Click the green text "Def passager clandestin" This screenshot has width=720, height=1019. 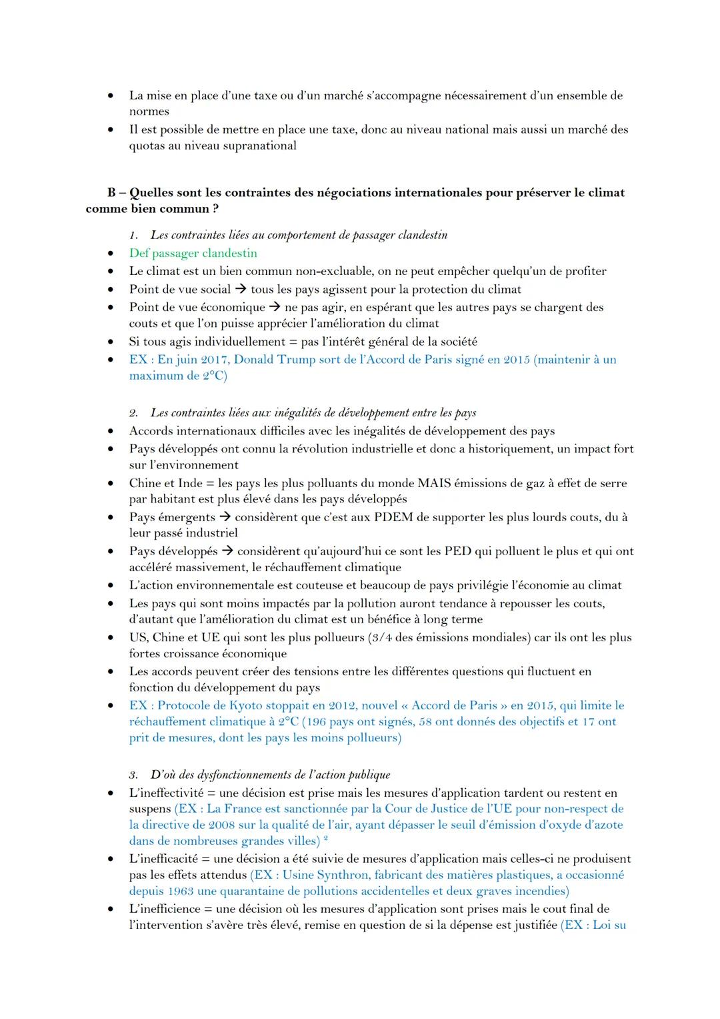(193, 254)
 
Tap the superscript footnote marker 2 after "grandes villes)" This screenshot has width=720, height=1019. (325, 839)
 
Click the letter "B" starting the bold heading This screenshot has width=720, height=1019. (112, 193)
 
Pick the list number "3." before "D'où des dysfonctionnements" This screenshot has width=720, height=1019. (134, 775)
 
